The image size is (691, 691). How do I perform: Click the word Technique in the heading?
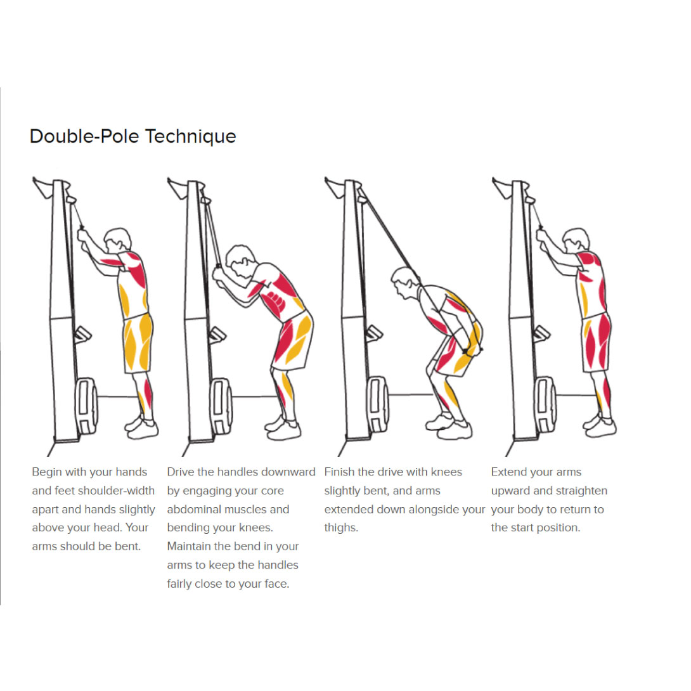pos(190,136)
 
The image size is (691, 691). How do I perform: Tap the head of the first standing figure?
pos(118,241)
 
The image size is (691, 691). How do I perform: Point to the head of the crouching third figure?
pos(406,281)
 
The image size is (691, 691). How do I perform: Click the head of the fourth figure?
pos(576,241)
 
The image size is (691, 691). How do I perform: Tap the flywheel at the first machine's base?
pos(86,406)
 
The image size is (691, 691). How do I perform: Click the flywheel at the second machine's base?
pos(221,406)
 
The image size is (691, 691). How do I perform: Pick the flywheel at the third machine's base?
pos(378,404)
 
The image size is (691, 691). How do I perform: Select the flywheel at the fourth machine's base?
pos(546,404)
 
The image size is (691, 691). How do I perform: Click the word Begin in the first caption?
pos(47,472)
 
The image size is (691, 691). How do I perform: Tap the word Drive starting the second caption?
pos(180,472)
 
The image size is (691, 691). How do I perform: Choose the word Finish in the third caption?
pos(339,472)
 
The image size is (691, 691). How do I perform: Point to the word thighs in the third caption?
pos(341,528)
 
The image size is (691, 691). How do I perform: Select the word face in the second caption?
pos(277,584)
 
